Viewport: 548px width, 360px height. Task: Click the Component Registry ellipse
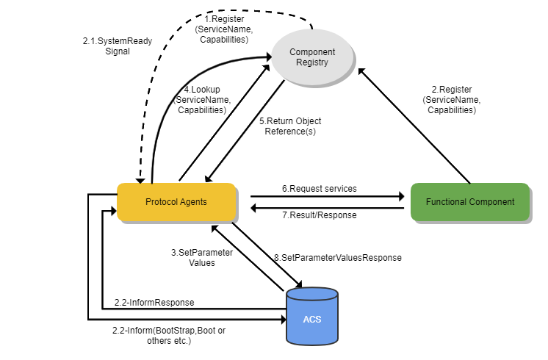click(x=312, y=57)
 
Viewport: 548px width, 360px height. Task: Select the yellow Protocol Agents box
click(x=176, y=202)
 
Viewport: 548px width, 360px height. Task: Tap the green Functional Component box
click(x=469, y=202)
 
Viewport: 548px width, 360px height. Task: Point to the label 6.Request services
click(x=320, y=189)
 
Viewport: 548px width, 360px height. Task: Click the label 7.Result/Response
click(x=320, y=215)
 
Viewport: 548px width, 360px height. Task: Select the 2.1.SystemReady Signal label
click(x=107, y=46)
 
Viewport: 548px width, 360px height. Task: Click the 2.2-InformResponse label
click(x=154, y=303)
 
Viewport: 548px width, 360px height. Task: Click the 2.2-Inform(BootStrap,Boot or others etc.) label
click(x=169, y=336)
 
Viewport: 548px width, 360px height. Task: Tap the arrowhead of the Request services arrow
click(x=401, y=197)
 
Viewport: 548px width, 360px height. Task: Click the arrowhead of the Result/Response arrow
click(x=254, y=209)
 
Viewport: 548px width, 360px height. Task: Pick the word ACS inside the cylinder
click(x=311, y=320)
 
